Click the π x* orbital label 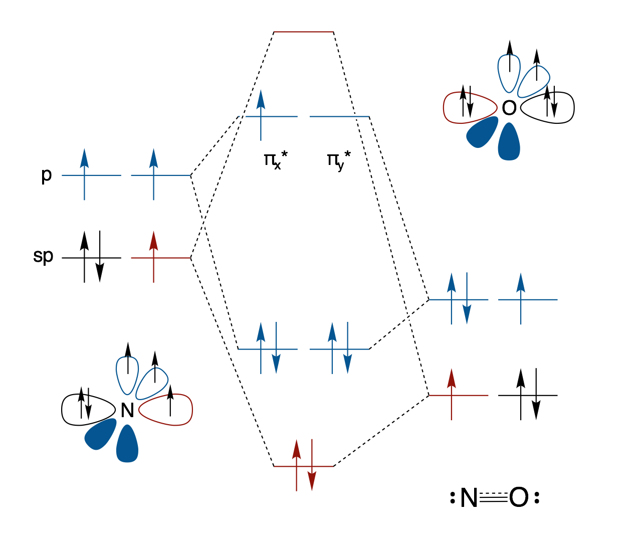point(275,161)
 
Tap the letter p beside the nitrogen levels point(46,175)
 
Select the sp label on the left point(43,256)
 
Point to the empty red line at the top point(304,32)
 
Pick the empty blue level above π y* point(339,117)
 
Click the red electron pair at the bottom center point(304,465)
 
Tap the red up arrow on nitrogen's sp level point(153,257)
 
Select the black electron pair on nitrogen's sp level point(92,257)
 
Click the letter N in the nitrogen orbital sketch point(127,411)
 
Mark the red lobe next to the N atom point(168,410)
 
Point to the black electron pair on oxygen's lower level point(528,395)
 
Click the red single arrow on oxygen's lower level point(452,394)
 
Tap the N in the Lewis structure point(469,498)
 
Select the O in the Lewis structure point(519,498)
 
